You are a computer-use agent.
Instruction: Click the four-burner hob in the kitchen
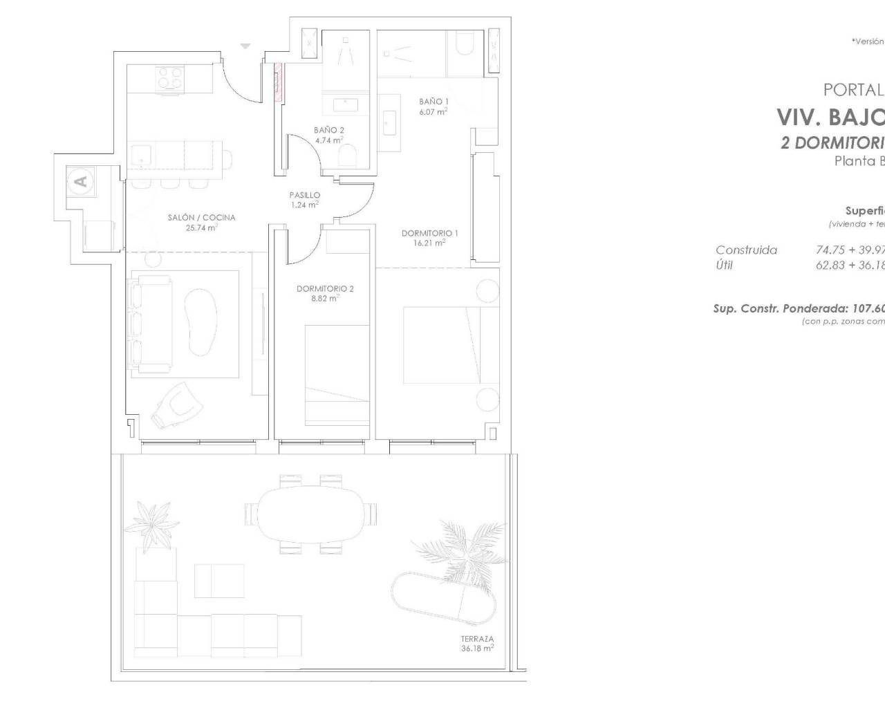click(169, 77)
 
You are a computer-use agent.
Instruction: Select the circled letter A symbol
click(81, 181)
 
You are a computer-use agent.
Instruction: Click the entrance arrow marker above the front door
click(245, 46)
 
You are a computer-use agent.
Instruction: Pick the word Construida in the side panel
click(746, 250)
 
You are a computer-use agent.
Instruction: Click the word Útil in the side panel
click(724, 265)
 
